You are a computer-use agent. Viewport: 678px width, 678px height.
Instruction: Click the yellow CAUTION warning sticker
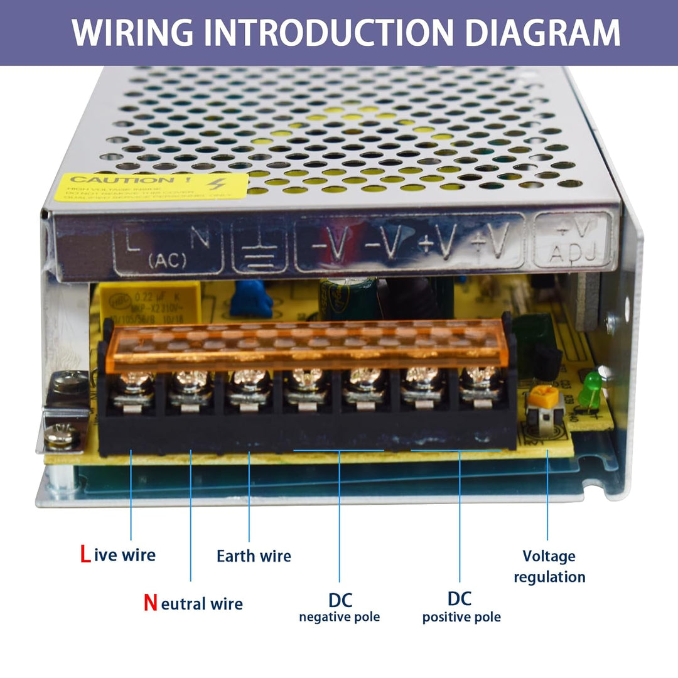click(x=151, y=187)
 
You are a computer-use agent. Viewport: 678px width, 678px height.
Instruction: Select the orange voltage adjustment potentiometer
click(x=537, y=396)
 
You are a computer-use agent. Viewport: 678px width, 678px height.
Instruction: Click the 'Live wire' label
click(x=117, y=555)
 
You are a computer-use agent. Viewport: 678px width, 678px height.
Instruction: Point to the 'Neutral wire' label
click(x=193, y=603)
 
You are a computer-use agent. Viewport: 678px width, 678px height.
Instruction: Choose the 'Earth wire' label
click(x=254, y=556)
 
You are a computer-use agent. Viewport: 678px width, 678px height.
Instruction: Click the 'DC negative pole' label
click(x=339, y=607)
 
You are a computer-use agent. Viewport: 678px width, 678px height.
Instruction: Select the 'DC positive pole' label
click(x=461, y=607)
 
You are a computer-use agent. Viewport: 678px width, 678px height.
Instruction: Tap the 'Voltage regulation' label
click(x=549, y=566)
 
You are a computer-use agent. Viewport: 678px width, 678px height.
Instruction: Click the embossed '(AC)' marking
click(x=167, y=259)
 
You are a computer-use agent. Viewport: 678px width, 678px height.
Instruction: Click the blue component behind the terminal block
click(x=251, y=298)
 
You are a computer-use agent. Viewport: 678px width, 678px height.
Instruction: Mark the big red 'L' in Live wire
click(x=85, y=555)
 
